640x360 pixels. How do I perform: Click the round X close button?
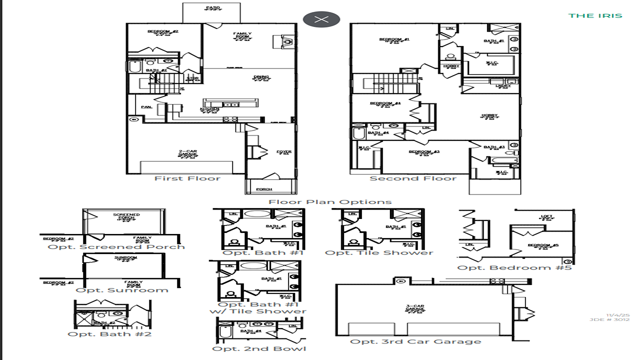321,19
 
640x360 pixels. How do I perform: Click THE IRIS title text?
595,15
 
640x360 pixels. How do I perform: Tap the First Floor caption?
187,178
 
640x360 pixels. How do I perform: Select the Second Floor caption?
413,178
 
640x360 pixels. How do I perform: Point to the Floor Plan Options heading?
330,202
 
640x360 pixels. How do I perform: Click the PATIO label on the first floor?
212,8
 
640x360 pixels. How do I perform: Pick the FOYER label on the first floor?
283,152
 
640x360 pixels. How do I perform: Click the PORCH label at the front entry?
264,189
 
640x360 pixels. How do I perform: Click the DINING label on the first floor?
261,77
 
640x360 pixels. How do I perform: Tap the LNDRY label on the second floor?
503,86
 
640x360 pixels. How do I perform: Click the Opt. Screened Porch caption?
116,246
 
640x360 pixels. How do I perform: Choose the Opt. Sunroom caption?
122,290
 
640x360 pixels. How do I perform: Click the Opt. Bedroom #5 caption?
514,267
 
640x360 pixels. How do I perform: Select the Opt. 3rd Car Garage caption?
415,341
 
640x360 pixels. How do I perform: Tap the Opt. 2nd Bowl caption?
259,348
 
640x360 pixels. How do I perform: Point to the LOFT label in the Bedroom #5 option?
547,217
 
